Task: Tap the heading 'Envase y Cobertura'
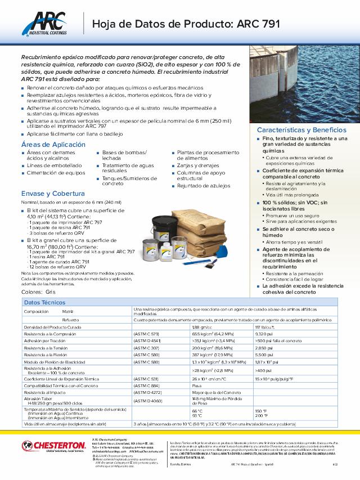[48, 193]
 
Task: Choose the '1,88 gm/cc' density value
[202, 327]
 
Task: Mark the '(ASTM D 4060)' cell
[147, 400]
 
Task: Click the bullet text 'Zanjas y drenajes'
[197, 166]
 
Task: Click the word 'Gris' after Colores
[51, 293]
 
